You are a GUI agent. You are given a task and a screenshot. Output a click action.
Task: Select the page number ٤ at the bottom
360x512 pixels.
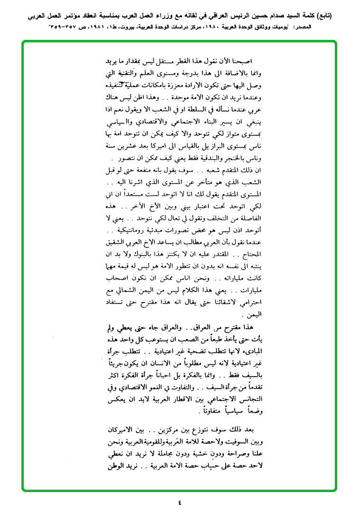180,502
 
